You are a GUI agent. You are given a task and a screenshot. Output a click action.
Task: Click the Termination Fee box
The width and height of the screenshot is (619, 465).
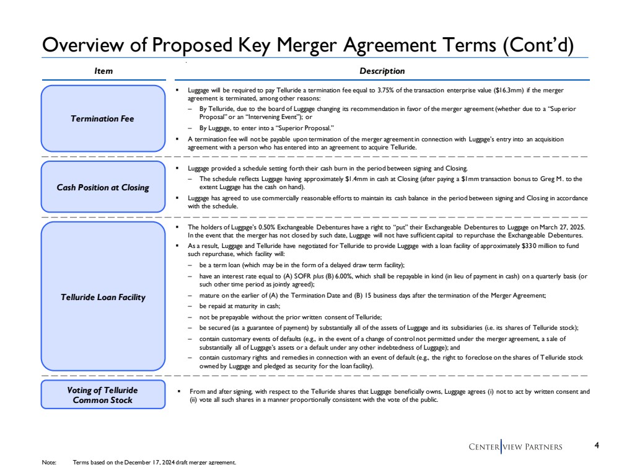pos(103,118)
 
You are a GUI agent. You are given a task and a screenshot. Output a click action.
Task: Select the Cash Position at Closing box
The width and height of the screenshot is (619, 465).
pos(103,188)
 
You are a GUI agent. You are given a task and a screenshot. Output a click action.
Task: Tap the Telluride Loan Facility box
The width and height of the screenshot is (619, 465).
pos(103,297)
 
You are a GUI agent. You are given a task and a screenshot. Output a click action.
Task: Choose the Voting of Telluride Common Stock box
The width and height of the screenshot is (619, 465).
pos(103,395)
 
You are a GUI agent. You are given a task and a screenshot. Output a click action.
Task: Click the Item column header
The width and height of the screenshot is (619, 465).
pos(103,71)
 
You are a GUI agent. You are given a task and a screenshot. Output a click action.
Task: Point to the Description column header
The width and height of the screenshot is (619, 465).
pos(382,71)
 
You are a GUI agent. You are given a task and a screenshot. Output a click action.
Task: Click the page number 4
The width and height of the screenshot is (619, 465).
pos(596,445)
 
